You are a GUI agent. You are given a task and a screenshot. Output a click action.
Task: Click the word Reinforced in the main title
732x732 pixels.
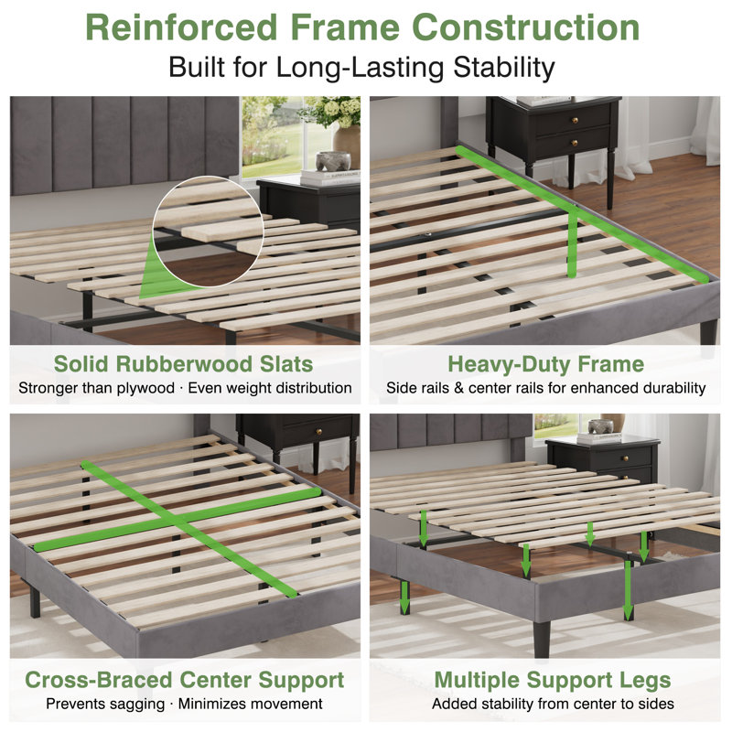(x=181, y=27)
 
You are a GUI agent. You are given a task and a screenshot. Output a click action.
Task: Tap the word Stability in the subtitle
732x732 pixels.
(x=504, y=67)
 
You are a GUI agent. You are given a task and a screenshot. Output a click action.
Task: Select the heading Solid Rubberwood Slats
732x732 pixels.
(x=184, y=364)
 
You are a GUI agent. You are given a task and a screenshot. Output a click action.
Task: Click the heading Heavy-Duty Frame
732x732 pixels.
(x=545, y=364)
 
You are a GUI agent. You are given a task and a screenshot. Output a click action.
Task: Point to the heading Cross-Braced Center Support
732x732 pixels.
(x=185, y=680)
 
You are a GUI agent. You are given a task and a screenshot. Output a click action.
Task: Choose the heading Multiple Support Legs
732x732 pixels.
(x=553, y=680)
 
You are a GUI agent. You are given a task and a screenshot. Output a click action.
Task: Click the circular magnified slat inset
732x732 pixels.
(x=209, y=231)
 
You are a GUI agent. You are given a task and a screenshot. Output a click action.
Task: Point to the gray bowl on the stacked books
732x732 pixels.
(x=333, y=161)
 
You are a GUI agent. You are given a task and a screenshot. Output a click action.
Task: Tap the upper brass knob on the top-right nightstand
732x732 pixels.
(x=576, y=121)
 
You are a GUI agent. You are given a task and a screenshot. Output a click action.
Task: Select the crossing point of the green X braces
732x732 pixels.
(x=175, y=520)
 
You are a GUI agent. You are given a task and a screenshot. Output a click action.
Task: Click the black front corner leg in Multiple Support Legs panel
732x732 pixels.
(x=542, y=638)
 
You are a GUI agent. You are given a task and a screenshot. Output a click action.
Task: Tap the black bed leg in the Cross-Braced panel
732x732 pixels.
(x=35, y=602)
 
